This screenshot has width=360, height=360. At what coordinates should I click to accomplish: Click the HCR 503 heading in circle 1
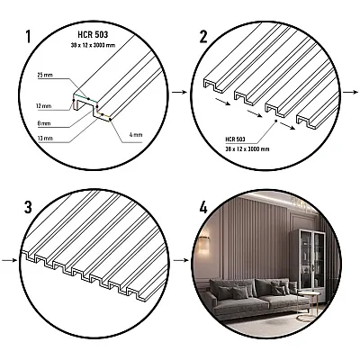88,32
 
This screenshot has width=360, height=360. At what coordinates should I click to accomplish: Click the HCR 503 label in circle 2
232,139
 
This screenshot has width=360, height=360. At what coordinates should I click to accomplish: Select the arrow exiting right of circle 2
352,91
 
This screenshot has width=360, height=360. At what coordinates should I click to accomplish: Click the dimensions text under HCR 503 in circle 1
88,42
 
